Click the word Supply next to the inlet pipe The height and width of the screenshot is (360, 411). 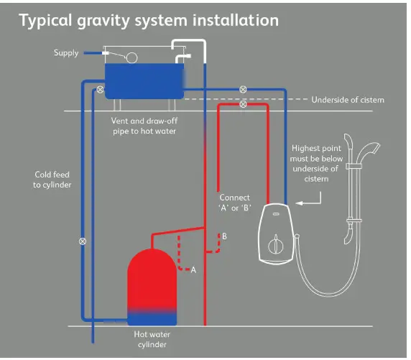point(65,52)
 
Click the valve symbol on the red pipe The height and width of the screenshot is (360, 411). point(243,104)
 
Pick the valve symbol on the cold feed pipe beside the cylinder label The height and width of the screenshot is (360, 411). point(82,241)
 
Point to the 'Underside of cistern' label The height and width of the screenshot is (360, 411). point(347,100)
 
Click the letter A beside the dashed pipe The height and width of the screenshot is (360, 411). point(193,269)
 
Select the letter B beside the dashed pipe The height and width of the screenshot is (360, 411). point(224,236)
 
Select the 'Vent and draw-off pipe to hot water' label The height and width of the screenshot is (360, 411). point(144,126)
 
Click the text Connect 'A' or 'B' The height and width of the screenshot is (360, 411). point(234,203)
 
